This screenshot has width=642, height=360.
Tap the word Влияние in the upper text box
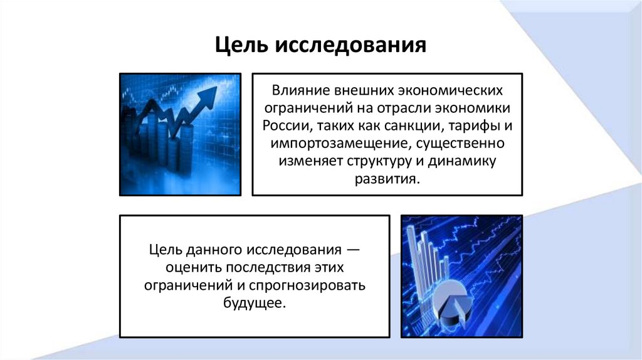297,90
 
